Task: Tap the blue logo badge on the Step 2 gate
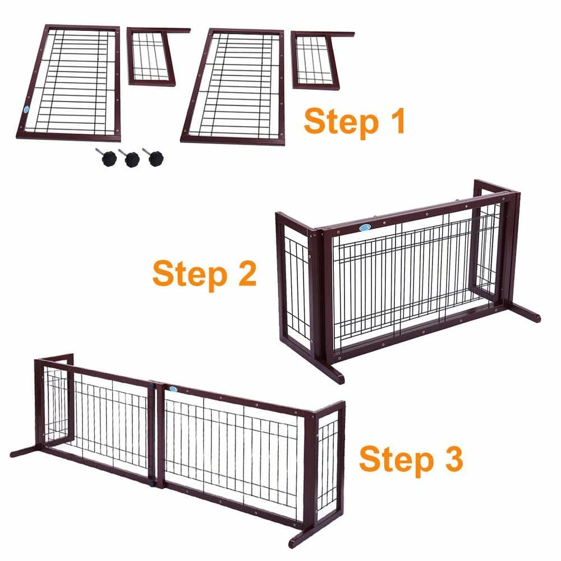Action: tap(364, 228)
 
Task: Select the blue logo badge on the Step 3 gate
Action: tap(173, 389)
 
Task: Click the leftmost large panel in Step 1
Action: tap(69, 82)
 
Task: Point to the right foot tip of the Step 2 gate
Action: tap(537, 318)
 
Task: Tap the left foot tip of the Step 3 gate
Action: tap(13, 455)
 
